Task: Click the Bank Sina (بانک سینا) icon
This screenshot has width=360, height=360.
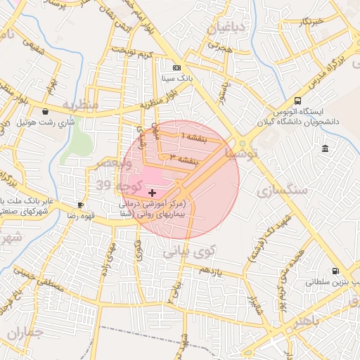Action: pos(176,68)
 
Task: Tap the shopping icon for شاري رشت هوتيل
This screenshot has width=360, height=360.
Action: pos(46,111)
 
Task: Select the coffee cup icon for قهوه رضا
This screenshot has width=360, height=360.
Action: pos(81,205)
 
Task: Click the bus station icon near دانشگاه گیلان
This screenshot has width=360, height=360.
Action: pos(298,101)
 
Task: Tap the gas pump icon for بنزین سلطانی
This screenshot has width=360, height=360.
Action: pos(335,271)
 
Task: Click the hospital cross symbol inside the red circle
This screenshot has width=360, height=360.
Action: pos(153,192)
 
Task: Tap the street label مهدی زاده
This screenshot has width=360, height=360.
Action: pos(108,259)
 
